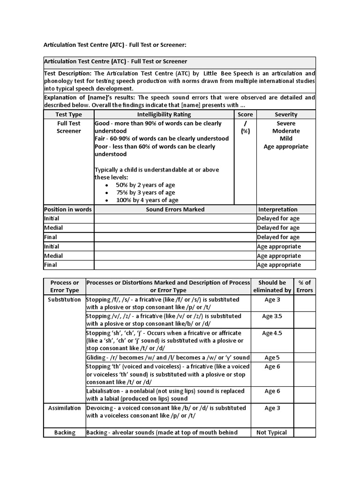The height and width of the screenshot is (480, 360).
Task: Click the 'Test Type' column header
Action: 68,114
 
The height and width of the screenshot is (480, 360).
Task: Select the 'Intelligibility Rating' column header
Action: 164,114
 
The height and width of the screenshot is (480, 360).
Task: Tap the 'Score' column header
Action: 245,114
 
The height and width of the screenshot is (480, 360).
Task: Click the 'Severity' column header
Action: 285,114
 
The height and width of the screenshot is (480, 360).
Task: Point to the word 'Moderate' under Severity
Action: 285,131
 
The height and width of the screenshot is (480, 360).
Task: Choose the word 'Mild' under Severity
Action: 285,139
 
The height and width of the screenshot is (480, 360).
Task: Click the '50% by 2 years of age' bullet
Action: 145,185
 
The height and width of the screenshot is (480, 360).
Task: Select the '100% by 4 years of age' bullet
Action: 147,200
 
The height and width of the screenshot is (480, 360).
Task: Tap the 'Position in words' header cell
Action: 68,210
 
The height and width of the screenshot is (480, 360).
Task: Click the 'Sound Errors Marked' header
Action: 175,210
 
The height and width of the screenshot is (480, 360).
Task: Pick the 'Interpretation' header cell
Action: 277,210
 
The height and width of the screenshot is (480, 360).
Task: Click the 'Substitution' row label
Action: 65,300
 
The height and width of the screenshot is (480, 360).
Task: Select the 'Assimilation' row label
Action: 65,408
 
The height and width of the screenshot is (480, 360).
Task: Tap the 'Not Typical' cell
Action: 272,433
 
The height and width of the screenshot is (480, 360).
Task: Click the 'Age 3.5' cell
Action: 272,316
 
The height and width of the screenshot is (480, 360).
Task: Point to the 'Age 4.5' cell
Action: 272,333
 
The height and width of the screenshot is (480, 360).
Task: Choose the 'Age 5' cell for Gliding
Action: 272,358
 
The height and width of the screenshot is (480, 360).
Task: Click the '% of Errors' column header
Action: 305,286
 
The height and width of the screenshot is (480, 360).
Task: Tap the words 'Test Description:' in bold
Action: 68,74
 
